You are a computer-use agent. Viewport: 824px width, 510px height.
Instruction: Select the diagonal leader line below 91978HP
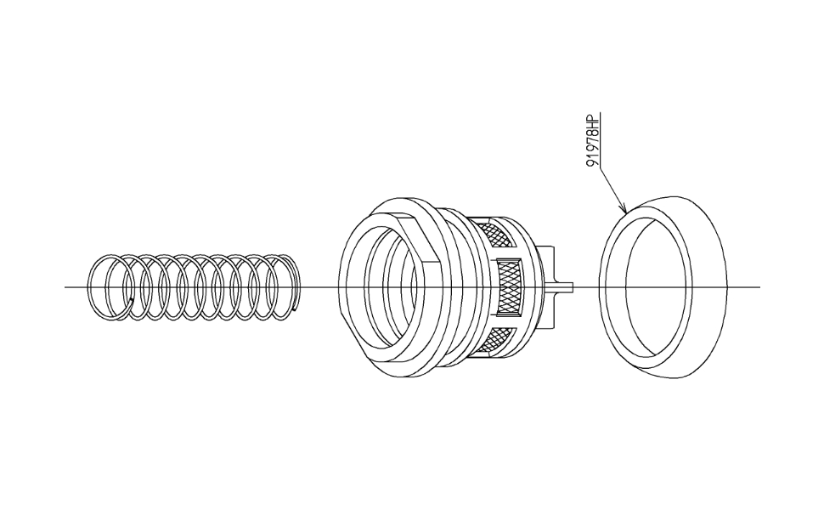click(612, 189)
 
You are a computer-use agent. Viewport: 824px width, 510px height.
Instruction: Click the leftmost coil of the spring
click(107, 287)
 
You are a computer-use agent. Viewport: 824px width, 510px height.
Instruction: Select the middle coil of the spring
click(199, 287)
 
